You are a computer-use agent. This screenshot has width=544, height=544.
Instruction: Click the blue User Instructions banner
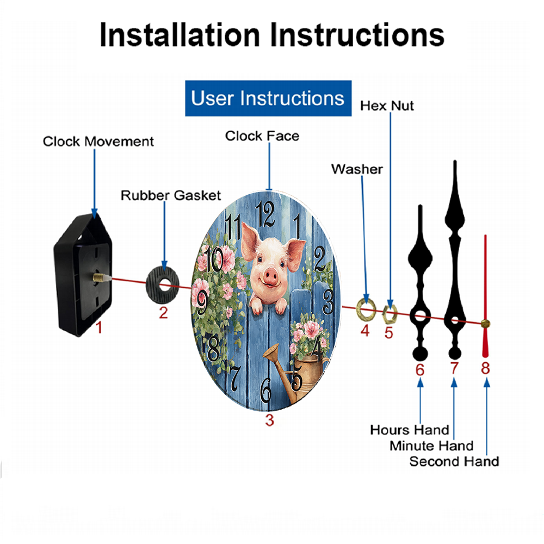[268, 98]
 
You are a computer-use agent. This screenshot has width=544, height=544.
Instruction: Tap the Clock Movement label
[98, 141]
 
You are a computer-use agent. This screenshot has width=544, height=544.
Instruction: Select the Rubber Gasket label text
[171, 195]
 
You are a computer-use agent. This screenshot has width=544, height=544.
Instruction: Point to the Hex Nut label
[387, 106]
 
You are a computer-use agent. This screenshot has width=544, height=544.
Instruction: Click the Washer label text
[357, 169]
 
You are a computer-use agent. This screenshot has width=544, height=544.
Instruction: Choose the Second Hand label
[454, 461]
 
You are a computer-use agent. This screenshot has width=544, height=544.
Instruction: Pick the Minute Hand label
[431, 446]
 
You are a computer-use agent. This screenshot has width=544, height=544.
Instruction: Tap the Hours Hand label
[410, 430]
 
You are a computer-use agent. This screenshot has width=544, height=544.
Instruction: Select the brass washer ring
[366, 309]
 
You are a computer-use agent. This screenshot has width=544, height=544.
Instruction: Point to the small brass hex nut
[390, 314]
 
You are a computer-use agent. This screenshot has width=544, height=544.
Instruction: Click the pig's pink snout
[270, 276]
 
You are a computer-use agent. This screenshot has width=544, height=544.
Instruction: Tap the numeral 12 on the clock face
[265, 214]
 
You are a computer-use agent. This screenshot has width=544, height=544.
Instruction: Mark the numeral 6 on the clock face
[266, 390]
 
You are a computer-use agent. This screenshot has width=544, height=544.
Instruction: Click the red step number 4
[365, 331]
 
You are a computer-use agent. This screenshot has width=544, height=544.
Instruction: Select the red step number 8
[485, 368]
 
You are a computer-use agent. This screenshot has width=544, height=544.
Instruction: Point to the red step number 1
[99, 327]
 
